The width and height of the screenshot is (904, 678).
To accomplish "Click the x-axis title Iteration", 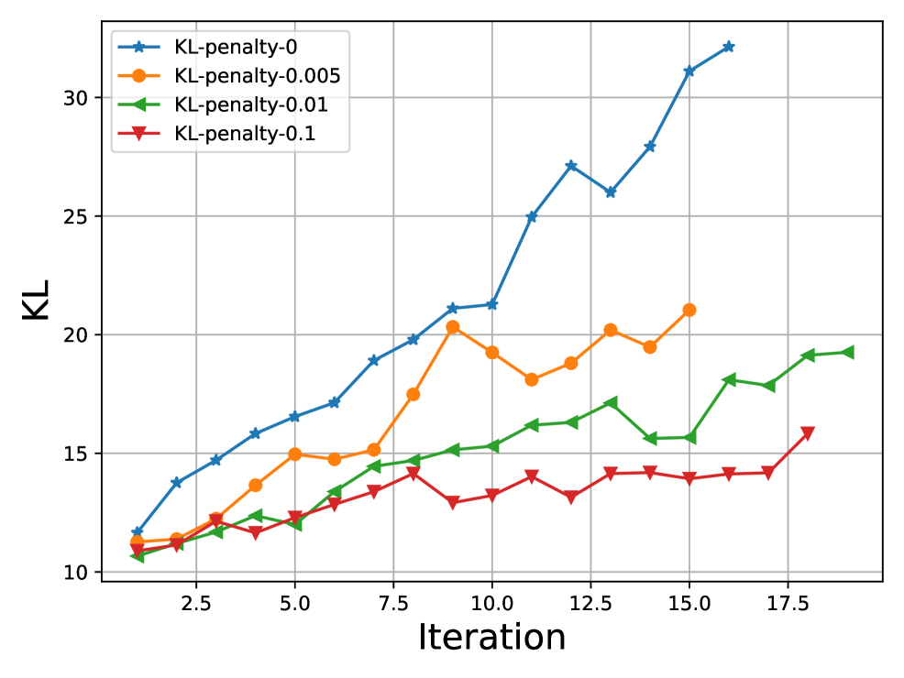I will click(491, 638).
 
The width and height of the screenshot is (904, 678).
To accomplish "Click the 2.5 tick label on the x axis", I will click(195, 605).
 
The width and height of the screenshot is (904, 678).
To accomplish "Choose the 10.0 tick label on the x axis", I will click(491, 605).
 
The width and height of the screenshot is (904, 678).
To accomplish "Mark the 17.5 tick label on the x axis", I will click(787, 605).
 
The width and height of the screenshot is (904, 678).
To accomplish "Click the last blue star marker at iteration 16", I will click(728, 47).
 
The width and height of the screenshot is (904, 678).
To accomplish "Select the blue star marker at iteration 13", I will click(610, 192).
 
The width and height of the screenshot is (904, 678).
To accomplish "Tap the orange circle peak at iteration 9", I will click(452, 327).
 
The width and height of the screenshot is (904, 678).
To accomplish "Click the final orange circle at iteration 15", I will click(689, 310).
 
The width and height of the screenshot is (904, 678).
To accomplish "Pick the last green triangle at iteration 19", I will click(847, 352).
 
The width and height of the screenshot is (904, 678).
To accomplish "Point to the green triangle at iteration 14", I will click(649, 439).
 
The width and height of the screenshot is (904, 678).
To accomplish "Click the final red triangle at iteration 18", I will click(808, 433).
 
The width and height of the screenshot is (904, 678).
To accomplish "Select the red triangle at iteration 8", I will click(413, 474).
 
